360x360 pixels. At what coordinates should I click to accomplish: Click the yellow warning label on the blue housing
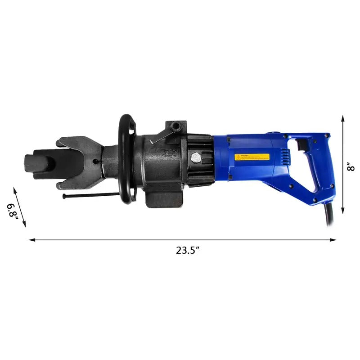pyautogui.click(x=252, y=157)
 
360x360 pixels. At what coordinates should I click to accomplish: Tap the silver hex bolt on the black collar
pyautogui.click(x=197, y=158)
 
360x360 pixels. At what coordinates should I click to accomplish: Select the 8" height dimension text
pyautogui.click(x=351, y=166)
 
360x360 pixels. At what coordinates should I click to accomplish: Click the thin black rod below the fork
pyautogui.click(x=90, y=195)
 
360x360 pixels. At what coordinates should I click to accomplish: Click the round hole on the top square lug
pyautogui.click(x=176, y=125)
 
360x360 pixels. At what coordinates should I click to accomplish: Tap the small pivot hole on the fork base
pyautogui.click(x=95, y=161)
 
